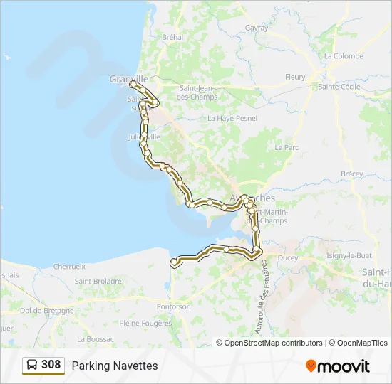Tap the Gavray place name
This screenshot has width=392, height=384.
tap(257, 28)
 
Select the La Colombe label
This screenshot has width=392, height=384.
tap(344, 56)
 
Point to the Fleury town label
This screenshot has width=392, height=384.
tap(295, 77)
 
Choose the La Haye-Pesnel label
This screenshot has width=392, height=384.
tap(232, 118)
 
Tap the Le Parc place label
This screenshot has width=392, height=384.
tap(287, 148)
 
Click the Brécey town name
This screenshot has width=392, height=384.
tap(351, 174)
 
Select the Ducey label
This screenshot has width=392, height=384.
tap(288, 257)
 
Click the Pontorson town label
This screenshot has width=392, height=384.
tap(174, 307)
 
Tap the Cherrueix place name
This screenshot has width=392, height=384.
tap(69, 266)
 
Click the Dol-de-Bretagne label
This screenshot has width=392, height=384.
tap(47, 311)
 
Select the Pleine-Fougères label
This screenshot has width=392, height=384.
tap(145, 323)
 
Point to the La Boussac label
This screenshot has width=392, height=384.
tap(96, 339)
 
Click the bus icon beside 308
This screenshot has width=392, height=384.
tap(33, 365)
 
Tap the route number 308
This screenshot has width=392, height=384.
tap(51, 365)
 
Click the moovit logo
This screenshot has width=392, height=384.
tap(338, 366)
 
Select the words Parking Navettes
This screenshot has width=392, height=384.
tap(115, 366)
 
